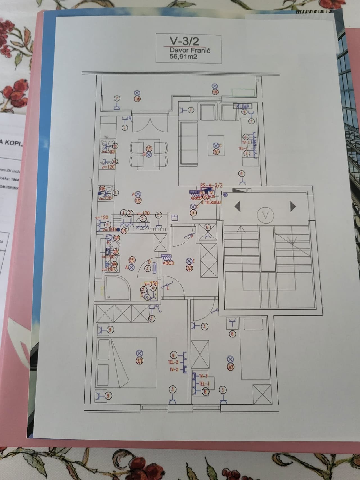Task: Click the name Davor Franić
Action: pos(190,50)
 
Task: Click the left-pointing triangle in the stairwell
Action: pos(238,207)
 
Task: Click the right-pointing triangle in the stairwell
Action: pos(293,207)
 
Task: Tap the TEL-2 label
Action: pos(173,363)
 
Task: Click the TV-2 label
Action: pos(174,370)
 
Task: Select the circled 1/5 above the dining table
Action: pos(149,148)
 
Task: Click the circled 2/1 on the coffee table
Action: pos(216,152)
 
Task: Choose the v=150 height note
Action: pos(151,283)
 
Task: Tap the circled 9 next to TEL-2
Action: pos(174,356)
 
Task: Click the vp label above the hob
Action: pos(106,137)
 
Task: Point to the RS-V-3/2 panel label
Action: pos(211,185)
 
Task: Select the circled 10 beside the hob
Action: pos(115,146)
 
